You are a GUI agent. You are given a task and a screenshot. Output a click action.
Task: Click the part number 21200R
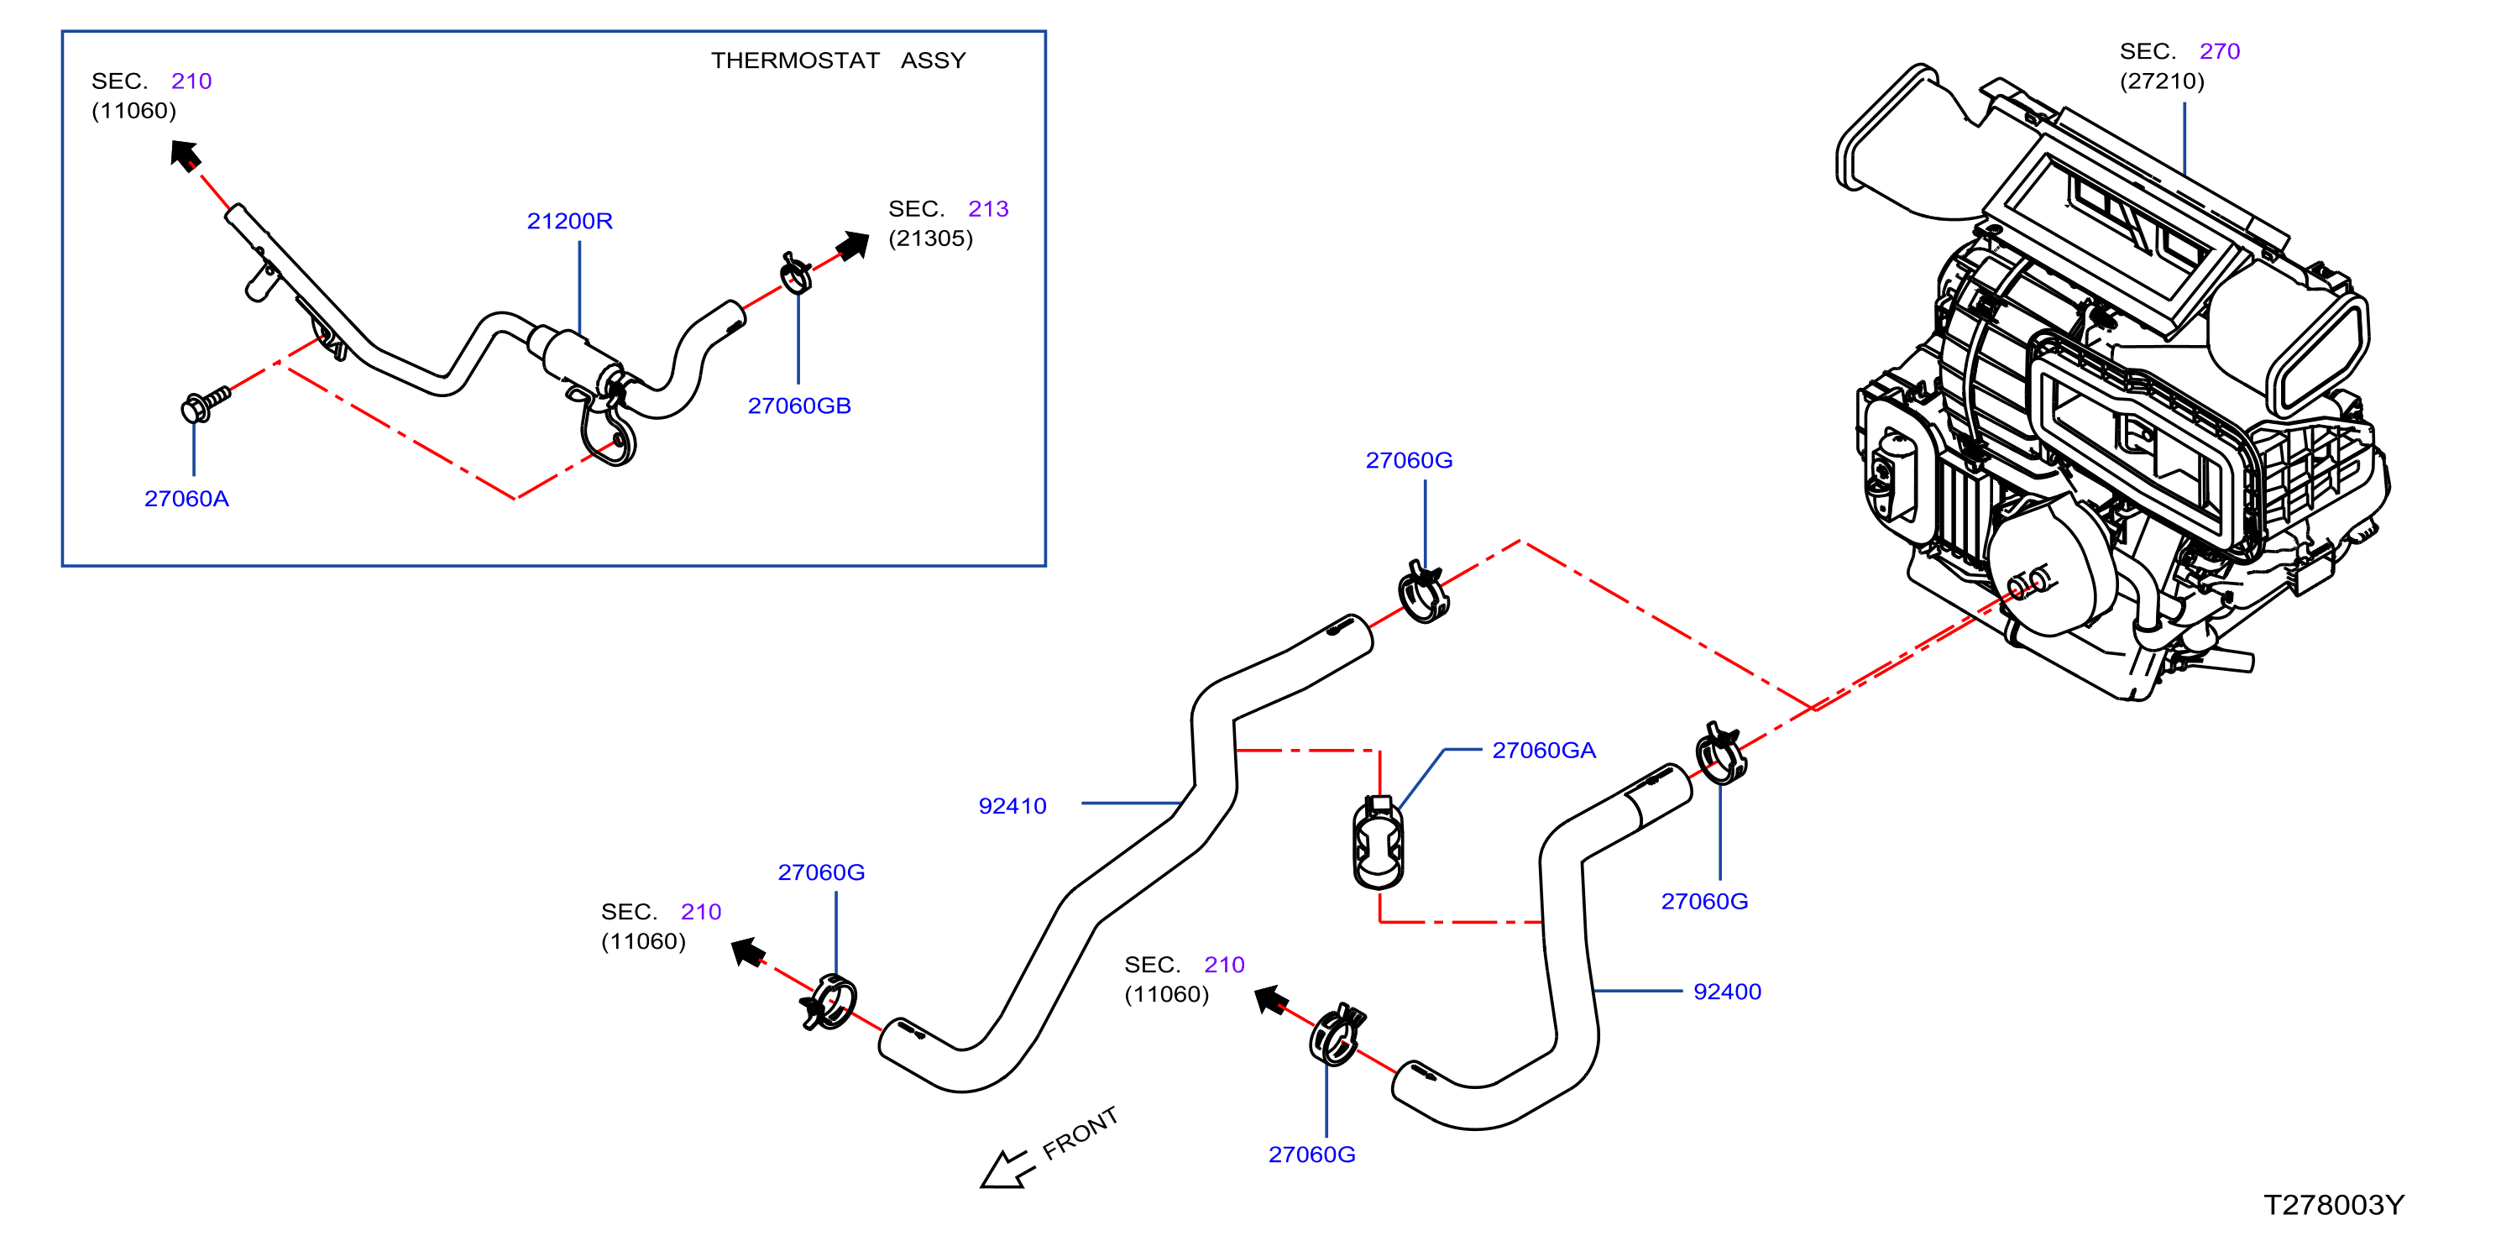[x=570, y=222]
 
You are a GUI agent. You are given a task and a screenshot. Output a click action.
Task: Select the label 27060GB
[x=799, y=406]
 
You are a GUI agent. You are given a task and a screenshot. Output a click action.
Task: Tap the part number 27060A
[x=186, y=500]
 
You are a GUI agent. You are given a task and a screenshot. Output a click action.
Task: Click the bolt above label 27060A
[x=205, y=403]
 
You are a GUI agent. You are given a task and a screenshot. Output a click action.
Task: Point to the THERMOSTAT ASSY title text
[x=838, y=60]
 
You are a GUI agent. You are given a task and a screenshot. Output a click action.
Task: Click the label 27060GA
[x=1544, y=751]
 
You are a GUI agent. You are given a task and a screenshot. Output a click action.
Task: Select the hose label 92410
[x=1012, y=806]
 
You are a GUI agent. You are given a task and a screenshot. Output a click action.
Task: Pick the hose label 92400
[x=1727, y=992]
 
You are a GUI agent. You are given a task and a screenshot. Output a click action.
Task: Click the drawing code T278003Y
[x=2334, y=1205]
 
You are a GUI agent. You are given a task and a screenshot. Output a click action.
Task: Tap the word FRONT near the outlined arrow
[x=1080, y=1133]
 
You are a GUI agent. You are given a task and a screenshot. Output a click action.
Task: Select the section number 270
[x=2220, y=51]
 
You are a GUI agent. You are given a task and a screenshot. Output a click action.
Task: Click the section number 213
[x=988, y=209]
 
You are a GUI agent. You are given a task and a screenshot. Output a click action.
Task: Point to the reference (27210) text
[x=2162, y=81]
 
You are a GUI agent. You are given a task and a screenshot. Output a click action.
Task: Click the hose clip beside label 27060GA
[x=1378, y=842]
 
